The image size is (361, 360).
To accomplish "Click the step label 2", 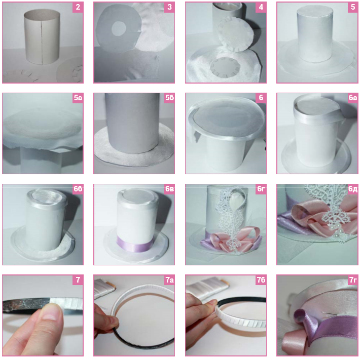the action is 78,7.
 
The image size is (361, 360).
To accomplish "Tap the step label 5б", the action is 169,98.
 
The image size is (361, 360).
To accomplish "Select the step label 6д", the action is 353,189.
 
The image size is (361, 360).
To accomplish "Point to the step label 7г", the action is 353,280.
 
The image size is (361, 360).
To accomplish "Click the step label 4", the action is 261,7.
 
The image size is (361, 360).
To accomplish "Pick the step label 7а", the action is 169,280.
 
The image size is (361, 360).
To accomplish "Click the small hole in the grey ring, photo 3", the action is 119,28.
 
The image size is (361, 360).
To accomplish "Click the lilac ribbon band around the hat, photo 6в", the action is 135,244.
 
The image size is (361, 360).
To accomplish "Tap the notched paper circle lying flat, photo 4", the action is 226,67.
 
